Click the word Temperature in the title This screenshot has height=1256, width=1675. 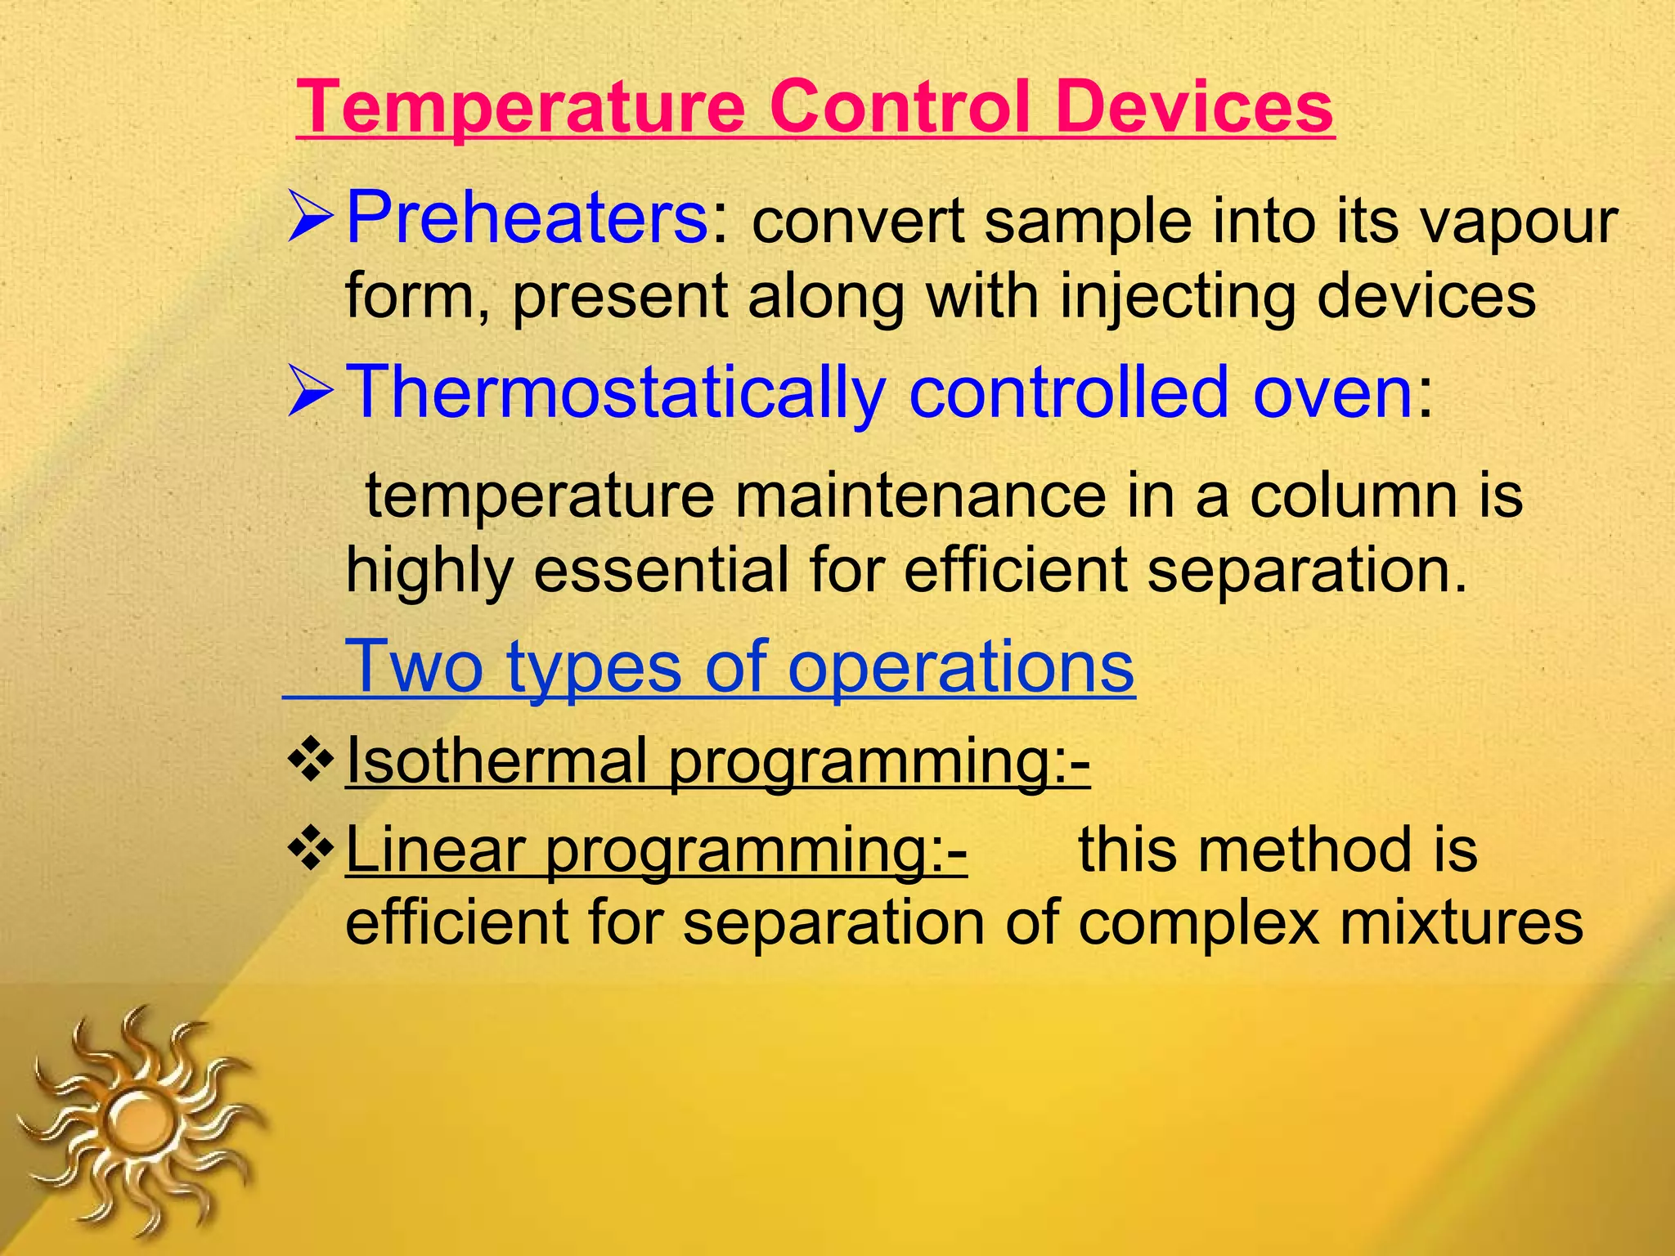click(x=521, y=108)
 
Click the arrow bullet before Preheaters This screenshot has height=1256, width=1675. click(x=310, y=219)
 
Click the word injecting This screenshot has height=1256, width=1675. click(x=1178, y=296)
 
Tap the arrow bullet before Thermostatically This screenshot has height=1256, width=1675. click(x=310, y=393)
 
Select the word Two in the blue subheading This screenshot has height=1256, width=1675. click(x=415, y=666)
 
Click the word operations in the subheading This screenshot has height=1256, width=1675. click(x=961, y=666)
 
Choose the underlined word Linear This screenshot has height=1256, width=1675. click(x=435, y=850)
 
